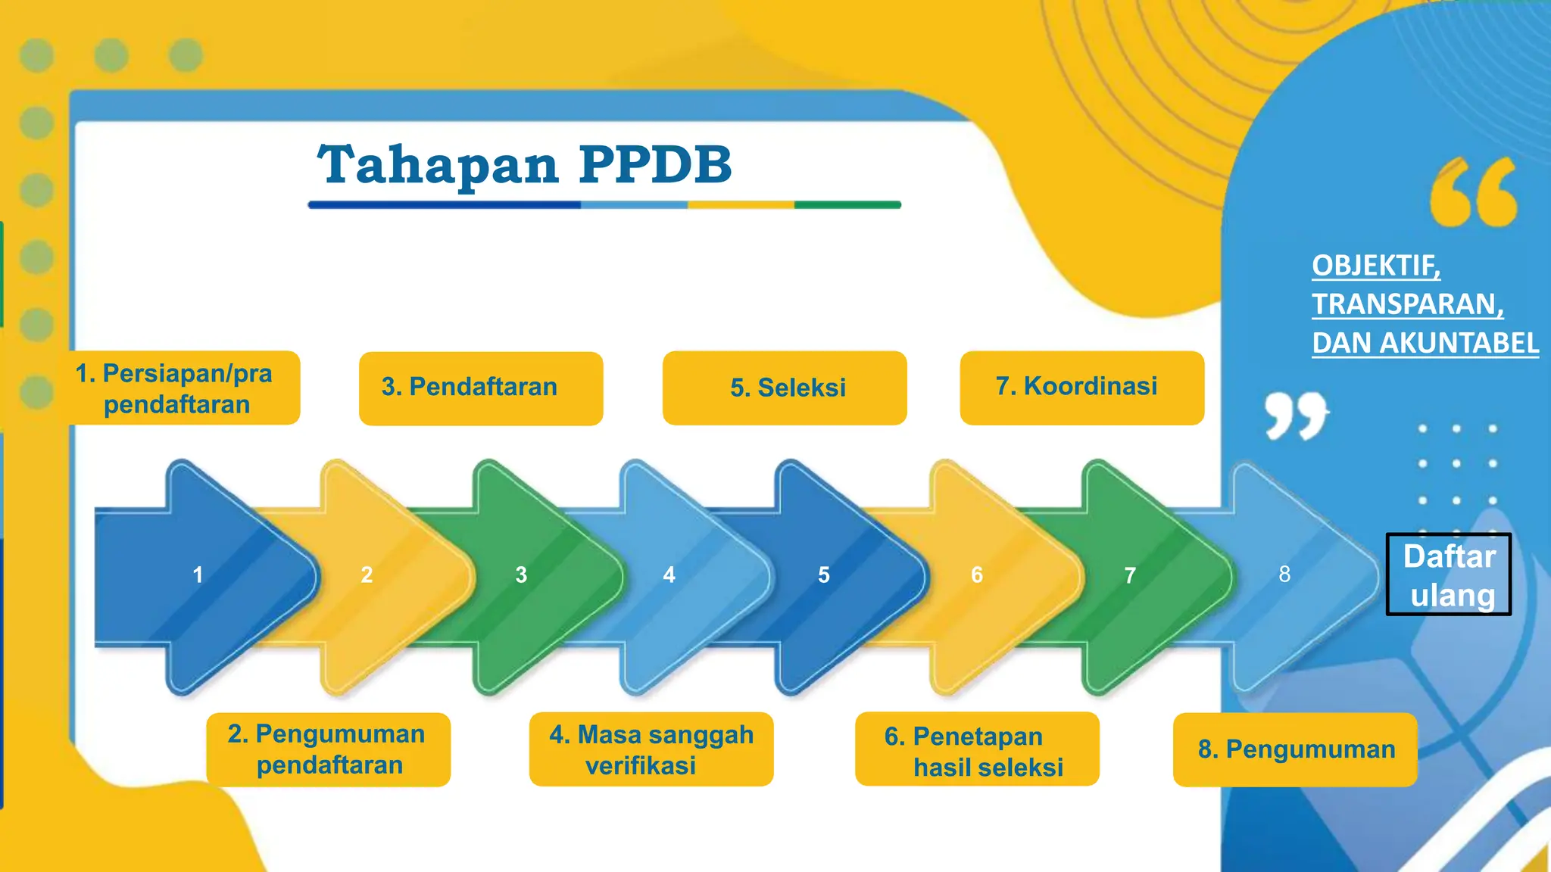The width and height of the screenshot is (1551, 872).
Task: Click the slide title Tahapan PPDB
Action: click(x=525, y=164)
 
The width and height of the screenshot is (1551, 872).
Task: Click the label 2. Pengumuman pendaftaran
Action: click(x=328, y=749)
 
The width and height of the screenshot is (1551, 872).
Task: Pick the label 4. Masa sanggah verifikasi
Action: click(x=651, y=749)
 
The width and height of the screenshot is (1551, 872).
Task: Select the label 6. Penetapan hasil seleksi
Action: click(x=976, y=750)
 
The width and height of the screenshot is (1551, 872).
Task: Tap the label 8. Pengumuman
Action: click(x=1295, y=749)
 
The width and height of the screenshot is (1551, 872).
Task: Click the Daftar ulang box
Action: click(x=1448, y=575)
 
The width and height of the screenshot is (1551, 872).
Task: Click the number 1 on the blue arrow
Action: click(x=198, y=575)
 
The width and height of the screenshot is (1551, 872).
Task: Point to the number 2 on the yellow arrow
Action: click(x=367, y=575)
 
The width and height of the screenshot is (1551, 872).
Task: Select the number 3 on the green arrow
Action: click(x=521, y=575)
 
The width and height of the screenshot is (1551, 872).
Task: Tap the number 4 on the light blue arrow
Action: click(x=669, y=575)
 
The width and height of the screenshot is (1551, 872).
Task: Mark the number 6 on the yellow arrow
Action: click(x=977, y=575)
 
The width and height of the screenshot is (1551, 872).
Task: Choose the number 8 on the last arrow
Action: click(x=1284, y=575)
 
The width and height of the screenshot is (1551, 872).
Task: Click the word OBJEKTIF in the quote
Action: click(x=1375, y=266)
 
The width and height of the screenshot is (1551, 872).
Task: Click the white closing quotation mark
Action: click(x=1296, y=415)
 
